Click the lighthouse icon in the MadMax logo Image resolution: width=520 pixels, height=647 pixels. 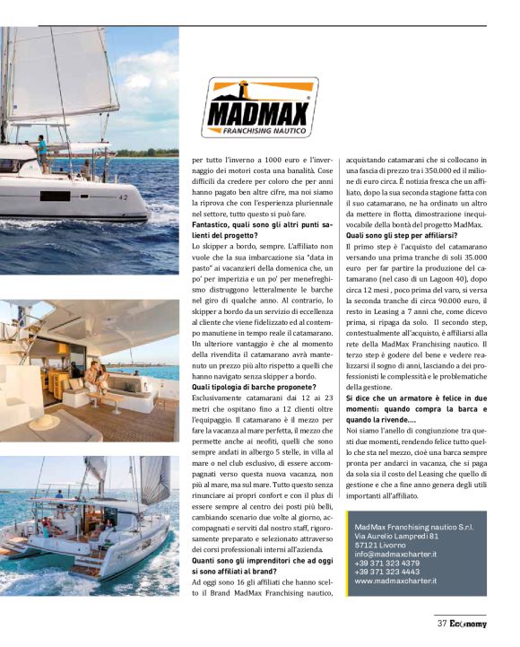pyautogui.click(x=244, y=99)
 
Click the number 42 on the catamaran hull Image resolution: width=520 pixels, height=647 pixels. pyautogui.click(x=124, y=197)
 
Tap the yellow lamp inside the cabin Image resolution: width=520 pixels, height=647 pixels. pyautogui.click(x=64, y=347)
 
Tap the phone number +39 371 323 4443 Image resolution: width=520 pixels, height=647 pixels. pyautogui.click(x=387, y=572)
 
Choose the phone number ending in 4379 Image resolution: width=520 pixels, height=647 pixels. pyautogui.click(x=387, y=563)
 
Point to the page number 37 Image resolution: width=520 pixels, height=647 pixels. pyautogui.click(x=442, y=623)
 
